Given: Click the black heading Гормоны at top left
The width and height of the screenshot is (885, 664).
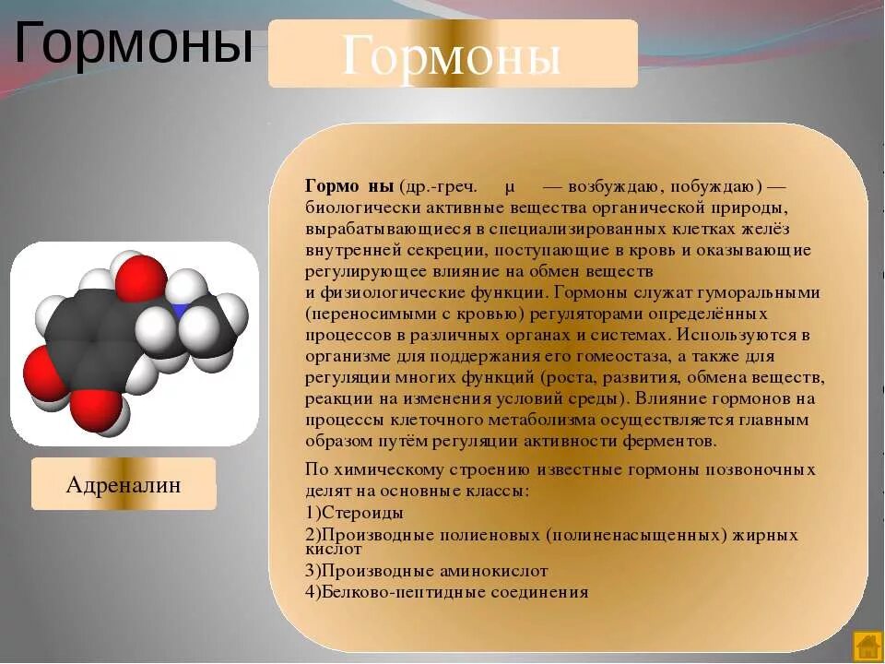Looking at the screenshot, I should click(x=134, y=43).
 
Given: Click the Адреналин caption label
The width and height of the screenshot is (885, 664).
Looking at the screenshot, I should click(x=124, y=485).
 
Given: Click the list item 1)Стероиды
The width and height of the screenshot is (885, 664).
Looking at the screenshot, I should click(x=354, y=513).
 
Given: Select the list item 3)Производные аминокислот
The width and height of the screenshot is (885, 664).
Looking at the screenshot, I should click(x=426, y=571).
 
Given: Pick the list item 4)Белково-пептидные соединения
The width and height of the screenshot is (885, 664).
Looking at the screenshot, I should click(x=446, y=592).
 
